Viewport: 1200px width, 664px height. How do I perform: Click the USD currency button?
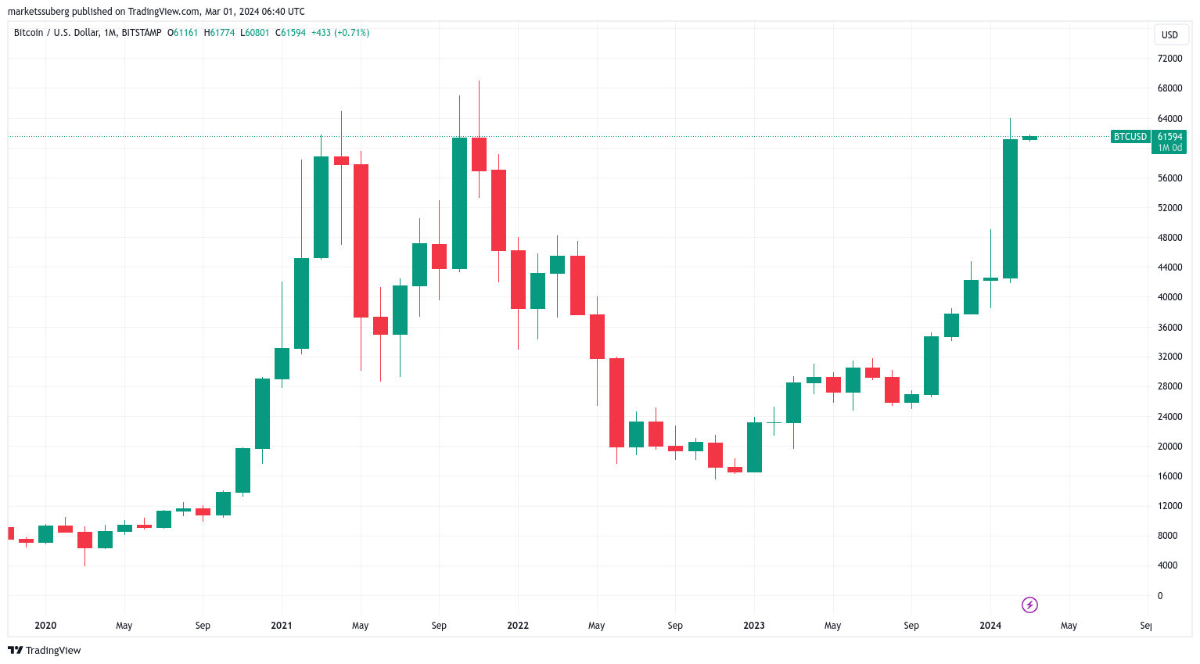(1169, 34)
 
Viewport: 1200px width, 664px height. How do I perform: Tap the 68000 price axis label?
(1169, 88)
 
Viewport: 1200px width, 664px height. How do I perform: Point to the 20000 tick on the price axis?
(1169, 447)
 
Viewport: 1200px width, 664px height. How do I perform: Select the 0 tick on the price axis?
(1159, 596)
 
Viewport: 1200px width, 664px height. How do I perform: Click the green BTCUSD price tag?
(1130, 137)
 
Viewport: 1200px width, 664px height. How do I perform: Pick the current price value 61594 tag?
(1169, 137)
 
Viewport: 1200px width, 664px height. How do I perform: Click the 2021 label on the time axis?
(282, 626)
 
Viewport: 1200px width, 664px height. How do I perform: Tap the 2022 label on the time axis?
(518, 626)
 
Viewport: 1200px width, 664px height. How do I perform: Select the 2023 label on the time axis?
(754, 626)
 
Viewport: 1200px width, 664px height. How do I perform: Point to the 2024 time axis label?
(990, 626)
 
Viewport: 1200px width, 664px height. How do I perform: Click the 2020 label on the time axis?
(45, 626)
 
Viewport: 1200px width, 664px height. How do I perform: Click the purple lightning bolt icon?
(1030, 605)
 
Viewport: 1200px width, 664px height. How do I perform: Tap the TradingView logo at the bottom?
(45, 651)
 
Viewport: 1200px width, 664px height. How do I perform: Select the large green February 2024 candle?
(1010, 208)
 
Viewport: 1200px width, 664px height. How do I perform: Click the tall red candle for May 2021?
(361, 240)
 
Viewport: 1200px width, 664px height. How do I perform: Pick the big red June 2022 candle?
(616, 402)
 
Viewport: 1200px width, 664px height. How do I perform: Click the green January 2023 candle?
(754, 447)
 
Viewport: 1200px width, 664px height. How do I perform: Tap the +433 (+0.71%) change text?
(340, 33)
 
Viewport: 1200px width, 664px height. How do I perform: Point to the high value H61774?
(220, 33)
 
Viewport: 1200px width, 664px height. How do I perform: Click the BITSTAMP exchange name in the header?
(142, 33)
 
